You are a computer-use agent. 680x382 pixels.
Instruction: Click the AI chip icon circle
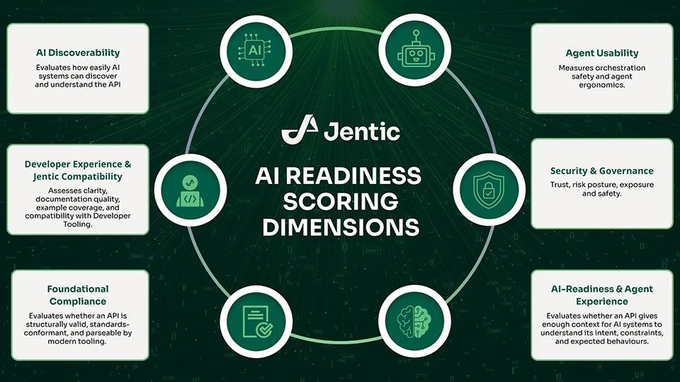pyautogui.click(x=256, y=50)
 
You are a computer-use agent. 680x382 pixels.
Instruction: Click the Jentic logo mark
pyautogui.click(x=298, y=130)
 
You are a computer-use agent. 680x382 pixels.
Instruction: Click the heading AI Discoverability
pyautogui.click(x=78, y=52)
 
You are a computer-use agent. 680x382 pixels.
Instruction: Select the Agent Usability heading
pyautogui.click(x=601, y=53)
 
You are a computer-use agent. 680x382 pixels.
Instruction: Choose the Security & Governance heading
pyautogui.click(x=601, y=170)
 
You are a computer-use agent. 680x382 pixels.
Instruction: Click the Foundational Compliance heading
pyautogui.click(x=78, y=295)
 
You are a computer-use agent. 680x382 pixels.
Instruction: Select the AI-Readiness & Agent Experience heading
pyautogui.click(x=601, y=295)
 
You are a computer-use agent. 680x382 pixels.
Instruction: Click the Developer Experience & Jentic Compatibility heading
pyautogui.click(x=78, y=170)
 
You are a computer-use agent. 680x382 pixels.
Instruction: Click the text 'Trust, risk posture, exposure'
pyautogui.click(x=601, y=185)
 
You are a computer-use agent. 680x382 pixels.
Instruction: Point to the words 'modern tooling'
pyautogui.click(x=78, y=342)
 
